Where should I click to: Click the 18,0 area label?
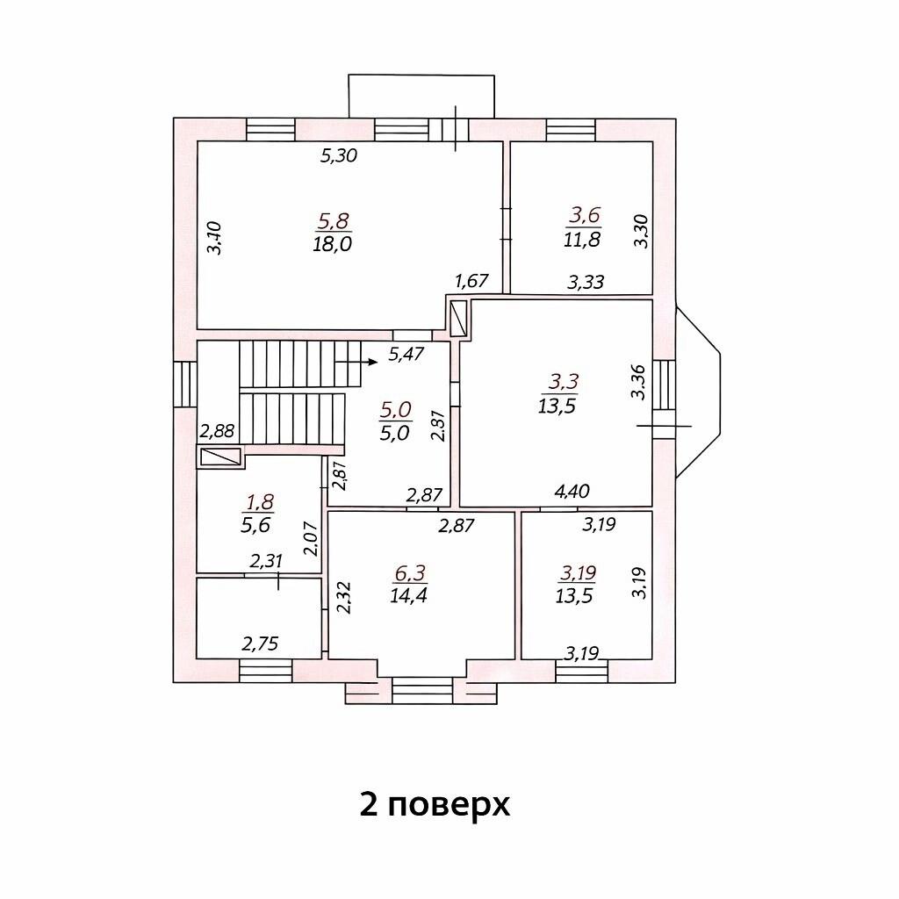coord(333,244)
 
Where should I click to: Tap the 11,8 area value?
coord(582,239)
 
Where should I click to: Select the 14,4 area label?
coord(409,596)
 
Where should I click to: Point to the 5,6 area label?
coord(255,525)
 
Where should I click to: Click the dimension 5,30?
coord(339,155)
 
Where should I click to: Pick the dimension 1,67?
coord(471,281)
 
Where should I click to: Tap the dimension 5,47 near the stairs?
coord(406,354)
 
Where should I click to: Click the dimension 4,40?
coord(572,492)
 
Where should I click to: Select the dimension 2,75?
coord(260,644)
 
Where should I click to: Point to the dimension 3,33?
coord(586,282)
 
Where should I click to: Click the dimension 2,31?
coord(266,560)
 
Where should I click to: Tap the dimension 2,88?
coord(218,430)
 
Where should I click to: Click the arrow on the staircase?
coord(356,362)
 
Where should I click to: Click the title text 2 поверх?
coord(435,805)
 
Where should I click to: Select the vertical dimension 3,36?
coord(638,382)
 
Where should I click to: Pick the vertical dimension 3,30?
coord(640,231)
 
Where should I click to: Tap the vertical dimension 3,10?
coord(214,238)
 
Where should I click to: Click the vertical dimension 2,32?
coord(344,598)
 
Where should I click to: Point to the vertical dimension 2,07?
coord(310,538)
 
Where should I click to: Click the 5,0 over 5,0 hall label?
coord(396,421)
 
